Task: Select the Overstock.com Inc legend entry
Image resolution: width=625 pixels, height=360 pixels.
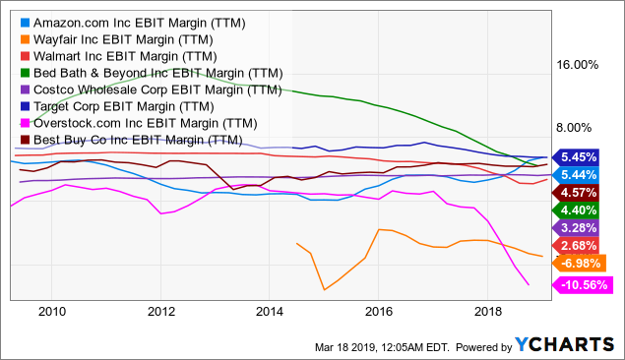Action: point(139,123)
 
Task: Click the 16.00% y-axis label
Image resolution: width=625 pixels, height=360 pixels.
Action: point(577,65)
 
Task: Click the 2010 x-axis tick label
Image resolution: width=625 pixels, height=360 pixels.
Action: point(51,311)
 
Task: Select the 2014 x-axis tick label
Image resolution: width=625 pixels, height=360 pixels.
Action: point(270,311)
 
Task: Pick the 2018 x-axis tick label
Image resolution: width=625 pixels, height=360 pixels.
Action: point(488,311)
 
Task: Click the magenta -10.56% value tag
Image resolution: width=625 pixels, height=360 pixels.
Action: point(587,285)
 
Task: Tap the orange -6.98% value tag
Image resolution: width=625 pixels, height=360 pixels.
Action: point(587,264)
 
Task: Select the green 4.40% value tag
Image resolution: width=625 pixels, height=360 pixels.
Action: point(587,210)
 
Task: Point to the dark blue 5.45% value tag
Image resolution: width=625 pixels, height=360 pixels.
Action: point(587,156)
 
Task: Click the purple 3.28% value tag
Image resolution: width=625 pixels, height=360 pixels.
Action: point(587,228)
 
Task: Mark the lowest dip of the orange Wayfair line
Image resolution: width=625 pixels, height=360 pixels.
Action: point(323,289)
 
